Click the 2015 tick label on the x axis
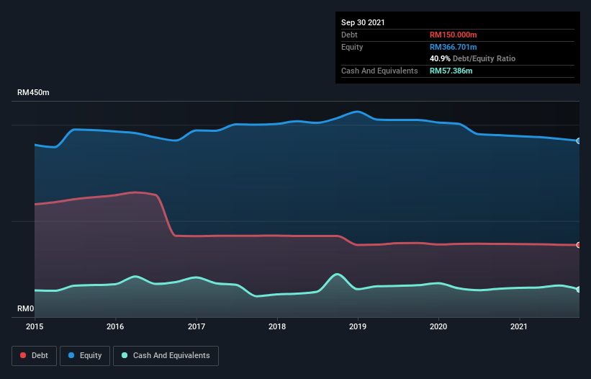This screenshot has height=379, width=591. pyautogui.click(x=35, y=326)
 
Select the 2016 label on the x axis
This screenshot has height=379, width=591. pyautogui.click(x=115, y=326)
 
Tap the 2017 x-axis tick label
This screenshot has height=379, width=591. pyautogui.click(x=196, y=326)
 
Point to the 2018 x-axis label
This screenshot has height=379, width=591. pyautogui.click(x=276, y=326)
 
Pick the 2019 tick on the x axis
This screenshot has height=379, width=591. pyautogui.click(x=357, y=326)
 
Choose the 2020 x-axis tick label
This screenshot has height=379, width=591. pyautogui.click(x=438, y=326)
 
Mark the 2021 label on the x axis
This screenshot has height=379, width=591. pyautogui.click(x=518, y=326)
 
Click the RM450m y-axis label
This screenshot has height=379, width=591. pyautogui.click(x=34, y=93)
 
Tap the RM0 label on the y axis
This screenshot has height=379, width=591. pyautogui.click(x=26, y=308)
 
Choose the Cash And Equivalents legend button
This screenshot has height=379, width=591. pyautogui.click(x=166, y=355)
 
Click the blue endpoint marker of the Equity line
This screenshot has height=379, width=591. pyautogui.click(x=579, y=141)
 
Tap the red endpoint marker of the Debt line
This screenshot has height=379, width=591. pyautogui.click(x=579, y=245)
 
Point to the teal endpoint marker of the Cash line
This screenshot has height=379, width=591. pyautogui.click(x=579, y=290)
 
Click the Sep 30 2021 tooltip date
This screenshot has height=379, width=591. pyautogui.click(x=363, y=22)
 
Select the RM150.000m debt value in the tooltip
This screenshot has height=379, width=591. pyautogui.click(x=454, y=35)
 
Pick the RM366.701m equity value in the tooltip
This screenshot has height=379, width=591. pyautogui.click(x=454, y=47)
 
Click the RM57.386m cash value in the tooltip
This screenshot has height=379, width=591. pyautogui.click(x=451, y=71)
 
